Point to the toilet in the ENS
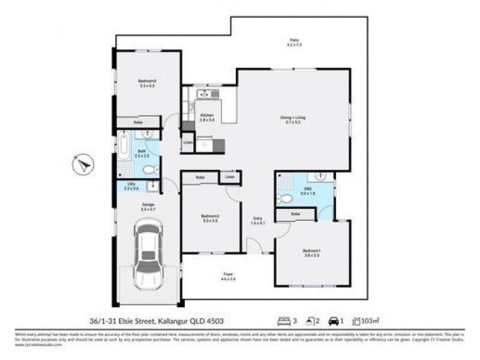point(286,198)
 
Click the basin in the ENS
point(319,178)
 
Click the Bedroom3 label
point(147,83)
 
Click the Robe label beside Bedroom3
point(139,122)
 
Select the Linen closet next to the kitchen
point(187,143)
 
